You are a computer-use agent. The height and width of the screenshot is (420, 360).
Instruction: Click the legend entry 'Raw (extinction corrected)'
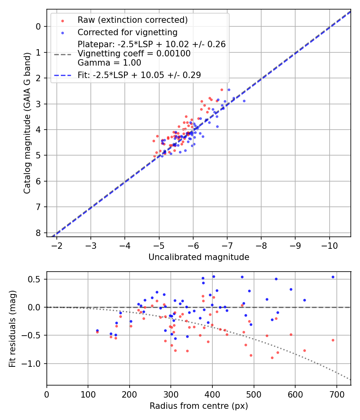[132, 20]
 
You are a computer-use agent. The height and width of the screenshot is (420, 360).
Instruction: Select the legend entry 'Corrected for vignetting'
[127, 32]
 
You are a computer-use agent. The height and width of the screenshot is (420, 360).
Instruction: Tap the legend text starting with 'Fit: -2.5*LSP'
[139, 75]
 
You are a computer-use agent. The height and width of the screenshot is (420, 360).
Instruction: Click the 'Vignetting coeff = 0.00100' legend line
[134, 53]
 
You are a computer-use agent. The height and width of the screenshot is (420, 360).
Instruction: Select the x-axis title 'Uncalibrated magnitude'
[199, 257]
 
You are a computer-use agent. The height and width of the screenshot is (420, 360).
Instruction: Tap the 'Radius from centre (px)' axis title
[199, 406]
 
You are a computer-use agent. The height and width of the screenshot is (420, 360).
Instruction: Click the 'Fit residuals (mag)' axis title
[13, 328]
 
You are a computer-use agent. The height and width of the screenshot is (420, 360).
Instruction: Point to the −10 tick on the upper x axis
[330, 244]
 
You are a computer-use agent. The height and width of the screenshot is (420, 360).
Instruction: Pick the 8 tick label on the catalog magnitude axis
[38, 233]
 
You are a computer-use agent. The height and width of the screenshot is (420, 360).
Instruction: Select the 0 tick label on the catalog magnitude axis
[38, 27]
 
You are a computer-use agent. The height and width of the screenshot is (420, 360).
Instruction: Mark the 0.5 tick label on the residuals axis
[36, 279]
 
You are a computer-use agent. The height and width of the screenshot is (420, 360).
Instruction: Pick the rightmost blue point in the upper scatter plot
[244, 101]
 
